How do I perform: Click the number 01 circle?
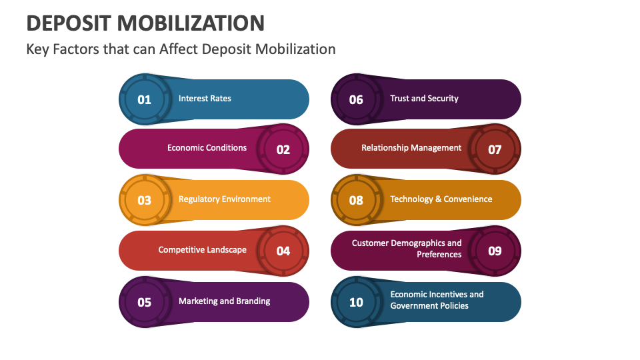coord(145,99)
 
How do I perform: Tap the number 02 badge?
coord(283,149)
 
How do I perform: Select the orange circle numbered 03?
coord(145,200)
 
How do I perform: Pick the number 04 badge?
coord(283,251)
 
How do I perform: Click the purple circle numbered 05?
coord(145,302)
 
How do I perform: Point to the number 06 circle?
coord(356,99)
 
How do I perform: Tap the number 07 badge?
coord(495,149)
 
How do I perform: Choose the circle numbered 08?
coord(356,200)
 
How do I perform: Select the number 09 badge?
coord(495,251)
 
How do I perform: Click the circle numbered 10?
coord(356,302)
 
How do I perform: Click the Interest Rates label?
coord(205,99)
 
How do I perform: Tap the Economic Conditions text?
coord(207,148)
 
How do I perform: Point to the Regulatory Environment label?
coord(225,199)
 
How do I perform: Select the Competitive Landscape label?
coord(203,250)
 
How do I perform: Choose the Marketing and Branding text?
coord(225,301)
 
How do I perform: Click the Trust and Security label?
coord(425,99)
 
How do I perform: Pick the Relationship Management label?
coord(411,148)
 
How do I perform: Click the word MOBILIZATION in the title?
coord(191,23)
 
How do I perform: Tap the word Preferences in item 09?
coord(439,254)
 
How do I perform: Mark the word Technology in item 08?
coord(411,199)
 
